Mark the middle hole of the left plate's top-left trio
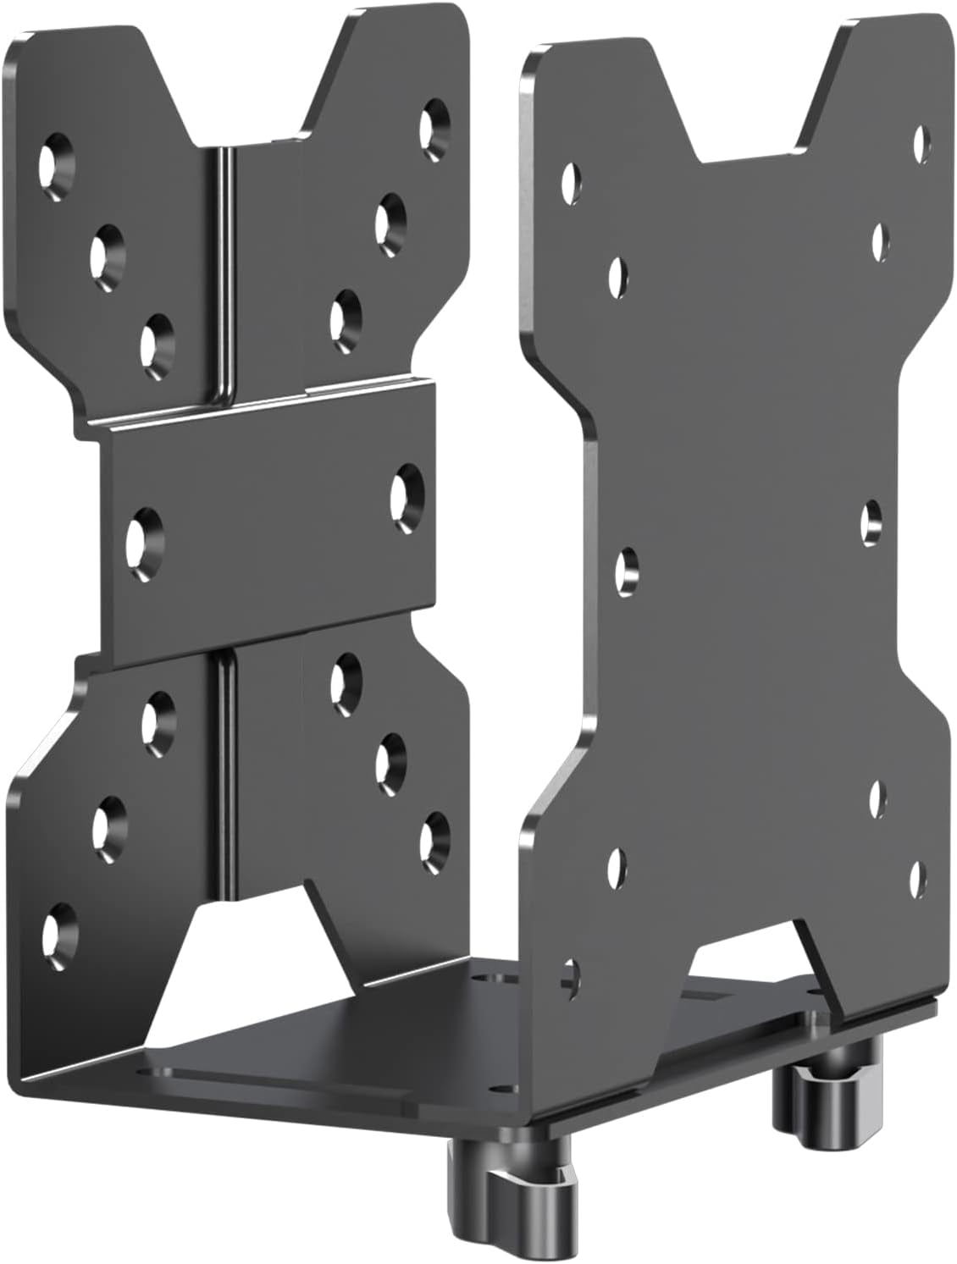tap(108, 246)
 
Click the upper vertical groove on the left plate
tap(222, 271)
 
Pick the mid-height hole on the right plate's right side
tap(871, 522)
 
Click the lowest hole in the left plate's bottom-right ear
tap(434, 836)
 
